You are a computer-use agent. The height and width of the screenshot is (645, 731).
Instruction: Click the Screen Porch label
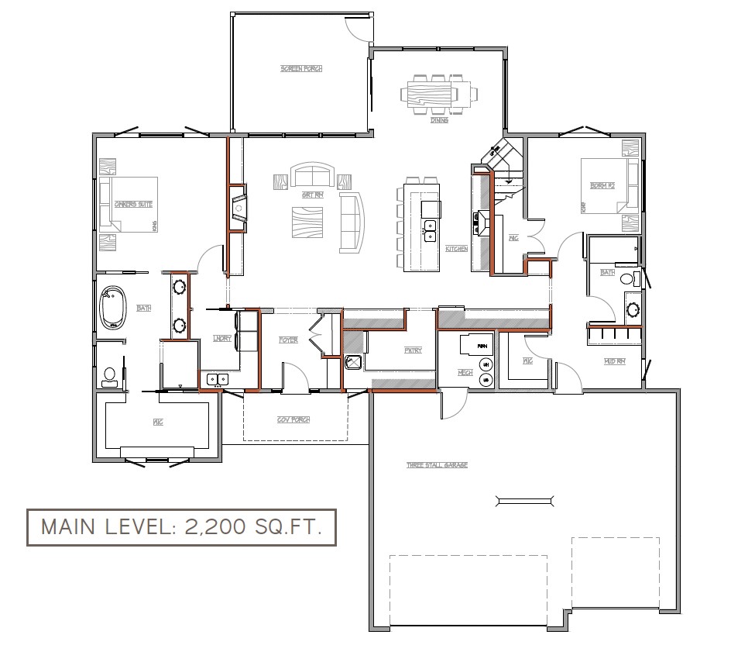[x=301, y=69]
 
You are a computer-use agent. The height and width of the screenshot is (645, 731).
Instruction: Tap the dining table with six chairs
[x=439, y=95]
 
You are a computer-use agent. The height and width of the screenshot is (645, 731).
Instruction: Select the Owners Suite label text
[x=133, y=204]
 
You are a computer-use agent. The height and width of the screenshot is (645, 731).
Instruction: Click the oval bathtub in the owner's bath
[x=115, y=309]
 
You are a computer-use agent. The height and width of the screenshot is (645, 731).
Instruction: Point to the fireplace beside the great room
[x=239, y=209]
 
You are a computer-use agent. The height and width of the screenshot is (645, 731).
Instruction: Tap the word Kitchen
[x=456, y=249]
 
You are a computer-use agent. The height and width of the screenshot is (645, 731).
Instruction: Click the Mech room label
[x=465, y=373]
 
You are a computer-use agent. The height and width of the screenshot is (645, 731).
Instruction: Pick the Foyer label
[x=289, y=340]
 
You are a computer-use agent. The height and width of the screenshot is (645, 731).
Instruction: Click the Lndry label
[x=222, y=338]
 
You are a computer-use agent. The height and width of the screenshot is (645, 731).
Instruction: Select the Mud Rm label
[x=615, y=361]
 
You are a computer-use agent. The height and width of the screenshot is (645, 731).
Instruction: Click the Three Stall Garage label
[x=437, y=465]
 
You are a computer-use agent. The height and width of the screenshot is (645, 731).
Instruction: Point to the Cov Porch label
[x=293, y=419]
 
